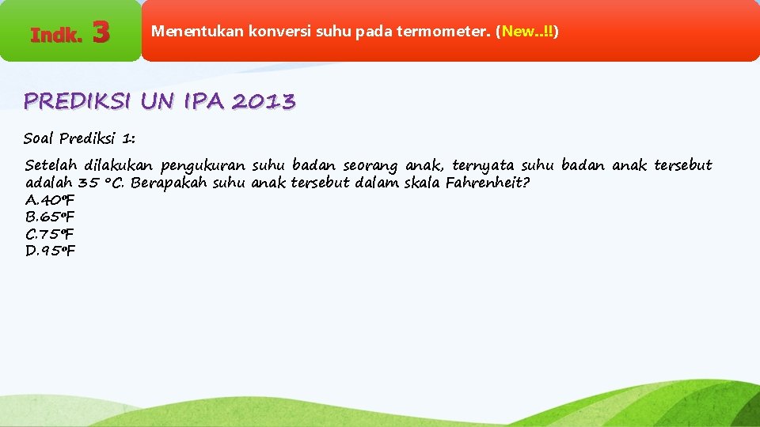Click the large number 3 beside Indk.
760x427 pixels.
point(101,32)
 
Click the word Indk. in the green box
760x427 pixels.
point(56,35)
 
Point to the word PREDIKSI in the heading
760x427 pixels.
point(78,101)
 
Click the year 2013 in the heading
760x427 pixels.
point(264,101)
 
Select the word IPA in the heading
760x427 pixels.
point(204,101)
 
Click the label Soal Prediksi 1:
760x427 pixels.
point(79,138)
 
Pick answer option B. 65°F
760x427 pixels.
point(50,217)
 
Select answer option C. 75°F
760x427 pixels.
point(50,234)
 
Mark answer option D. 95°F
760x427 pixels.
point(50,251)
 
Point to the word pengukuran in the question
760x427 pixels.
point(203,166)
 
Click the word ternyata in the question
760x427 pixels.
point(483,165)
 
